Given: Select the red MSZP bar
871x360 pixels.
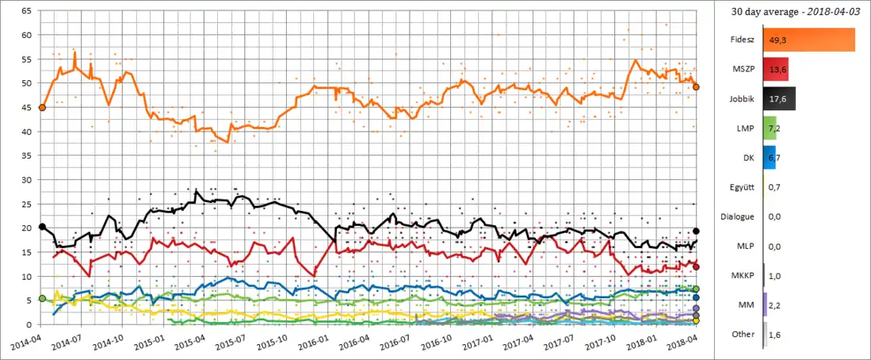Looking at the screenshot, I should tap(775, 71).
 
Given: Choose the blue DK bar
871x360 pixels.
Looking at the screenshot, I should tap(769, 157).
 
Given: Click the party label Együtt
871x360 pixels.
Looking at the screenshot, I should tap(742, 186).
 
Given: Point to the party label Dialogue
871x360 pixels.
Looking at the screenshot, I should tap(737, 216).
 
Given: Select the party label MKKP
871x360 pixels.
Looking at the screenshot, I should tap(742, 274).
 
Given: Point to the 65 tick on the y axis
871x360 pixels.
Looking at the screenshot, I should tap(26, 11).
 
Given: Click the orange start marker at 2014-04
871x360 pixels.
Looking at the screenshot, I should tap(42, 107).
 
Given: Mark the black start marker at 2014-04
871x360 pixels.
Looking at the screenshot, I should tap(42, 227).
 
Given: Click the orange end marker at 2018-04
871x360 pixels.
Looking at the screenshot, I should tap(696, 86).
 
